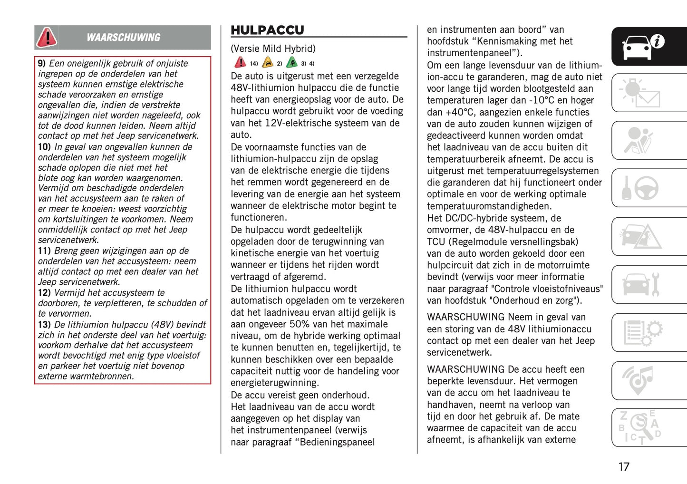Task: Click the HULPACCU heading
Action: (267, 30)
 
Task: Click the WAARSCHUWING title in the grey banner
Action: (123, 38)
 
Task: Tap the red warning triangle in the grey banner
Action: (47, 37)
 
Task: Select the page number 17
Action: (624, 466)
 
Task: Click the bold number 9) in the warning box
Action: (42, 63)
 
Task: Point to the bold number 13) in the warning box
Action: (44, 325)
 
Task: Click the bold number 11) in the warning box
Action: (44, 251)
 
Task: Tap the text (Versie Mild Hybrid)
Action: (273, 48)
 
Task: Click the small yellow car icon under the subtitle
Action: (268, 63)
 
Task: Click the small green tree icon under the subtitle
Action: (292, 63)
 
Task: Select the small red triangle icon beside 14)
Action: (240, 63)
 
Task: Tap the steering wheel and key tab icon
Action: (641, 188)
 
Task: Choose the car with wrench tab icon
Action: (641, 284)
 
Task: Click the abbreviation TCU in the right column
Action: (436, 242)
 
